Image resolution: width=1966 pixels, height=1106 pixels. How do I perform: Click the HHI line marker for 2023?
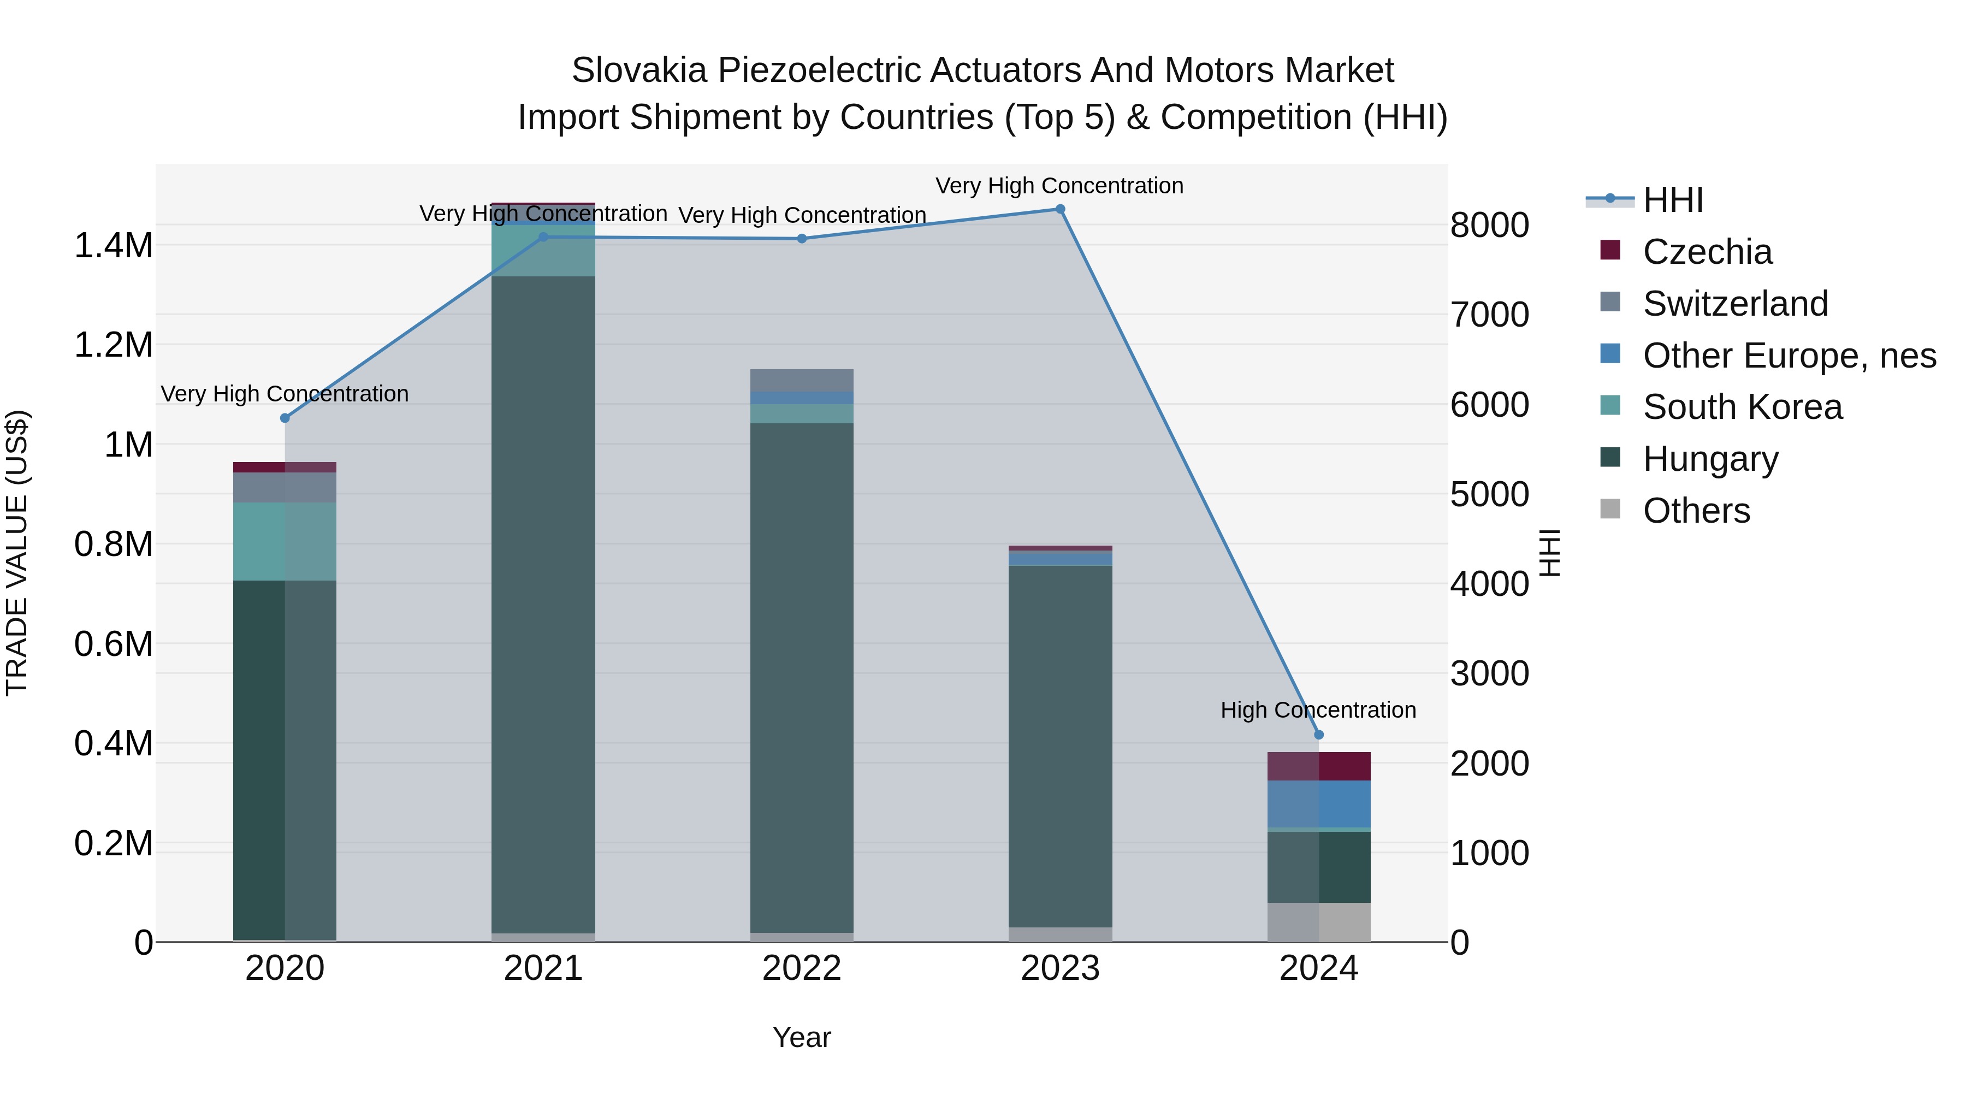[x=1060, y=209]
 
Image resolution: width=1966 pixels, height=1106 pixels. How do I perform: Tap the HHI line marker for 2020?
[x=285, y=418]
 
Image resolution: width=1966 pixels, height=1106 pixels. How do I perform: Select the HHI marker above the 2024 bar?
[x=1319, y=735]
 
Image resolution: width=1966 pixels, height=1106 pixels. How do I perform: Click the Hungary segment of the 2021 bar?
[x=543, y=603]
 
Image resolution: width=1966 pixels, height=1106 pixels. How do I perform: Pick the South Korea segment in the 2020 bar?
[x=284, y=541]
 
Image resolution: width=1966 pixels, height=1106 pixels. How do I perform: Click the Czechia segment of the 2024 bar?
[x=1319, y=766]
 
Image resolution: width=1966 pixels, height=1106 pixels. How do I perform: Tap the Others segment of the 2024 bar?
[x=1319, y=922]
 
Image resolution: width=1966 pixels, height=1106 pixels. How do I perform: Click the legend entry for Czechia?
[x=1707, y=252]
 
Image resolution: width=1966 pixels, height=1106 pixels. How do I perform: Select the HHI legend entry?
[x=1672, y=200]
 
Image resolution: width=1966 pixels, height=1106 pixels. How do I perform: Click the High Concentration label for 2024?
[x=1318, y=710]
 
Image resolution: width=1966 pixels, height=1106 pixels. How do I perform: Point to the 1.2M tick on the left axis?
[x=113, y=345]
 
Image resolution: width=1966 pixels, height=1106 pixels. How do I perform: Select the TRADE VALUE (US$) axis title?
[x=17, y=553]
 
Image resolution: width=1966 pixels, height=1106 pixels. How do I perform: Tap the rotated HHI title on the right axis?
[x=1549, y=553]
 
